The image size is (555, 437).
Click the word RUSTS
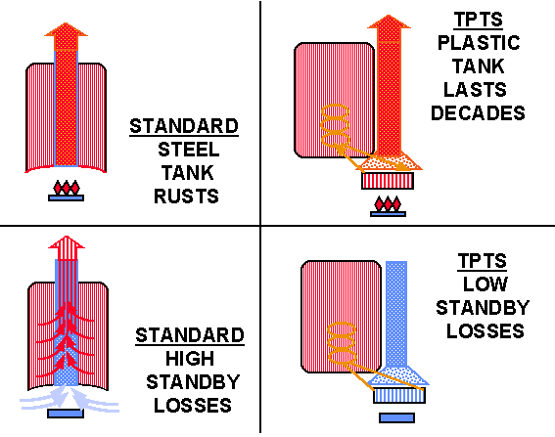186,197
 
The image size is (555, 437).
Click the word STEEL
188,150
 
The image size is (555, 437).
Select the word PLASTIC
479,43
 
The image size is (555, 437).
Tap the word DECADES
478,113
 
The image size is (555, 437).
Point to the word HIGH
190,359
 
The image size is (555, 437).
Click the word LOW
486,284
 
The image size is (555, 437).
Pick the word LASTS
475,90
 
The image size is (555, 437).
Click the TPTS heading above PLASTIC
479,20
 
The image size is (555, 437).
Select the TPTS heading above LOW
483,261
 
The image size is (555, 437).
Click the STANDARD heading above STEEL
184,126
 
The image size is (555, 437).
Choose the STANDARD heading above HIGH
190,335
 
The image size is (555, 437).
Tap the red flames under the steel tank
67,188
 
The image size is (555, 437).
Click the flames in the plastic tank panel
388,203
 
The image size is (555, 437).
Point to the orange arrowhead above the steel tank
66,35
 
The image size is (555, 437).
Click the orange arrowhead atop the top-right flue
389,27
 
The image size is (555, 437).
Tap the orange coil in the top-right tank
335,125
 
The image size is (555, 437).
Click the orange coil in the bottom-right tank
342,344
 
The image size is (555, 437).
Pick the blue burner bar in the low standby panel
396,417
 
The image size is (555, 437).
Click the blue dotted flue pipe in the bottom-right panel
396,314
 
